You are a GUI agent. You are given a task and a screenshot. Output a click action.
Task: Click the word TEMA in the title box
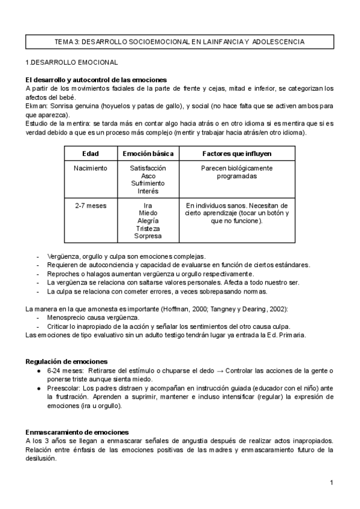coord(64,42)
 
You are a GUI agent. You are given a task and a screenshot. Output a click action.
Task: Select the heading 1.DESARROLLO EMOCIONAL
coord(71,62)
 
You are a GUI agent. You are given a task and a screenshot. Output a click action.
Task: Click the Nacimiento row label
coord(91,169)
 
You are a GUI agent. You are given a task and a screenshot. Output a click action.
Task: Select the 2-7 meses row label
coord(91,205)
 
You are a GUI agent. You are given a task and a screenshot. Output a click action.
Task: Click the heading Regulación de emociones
coord(67,362)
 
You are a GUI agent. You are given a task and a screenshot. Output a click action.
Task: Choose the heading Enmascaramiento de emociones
coord(76,432)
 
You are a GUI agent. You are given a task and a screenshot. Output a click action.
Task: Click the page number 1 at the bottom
coord(331,483)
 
